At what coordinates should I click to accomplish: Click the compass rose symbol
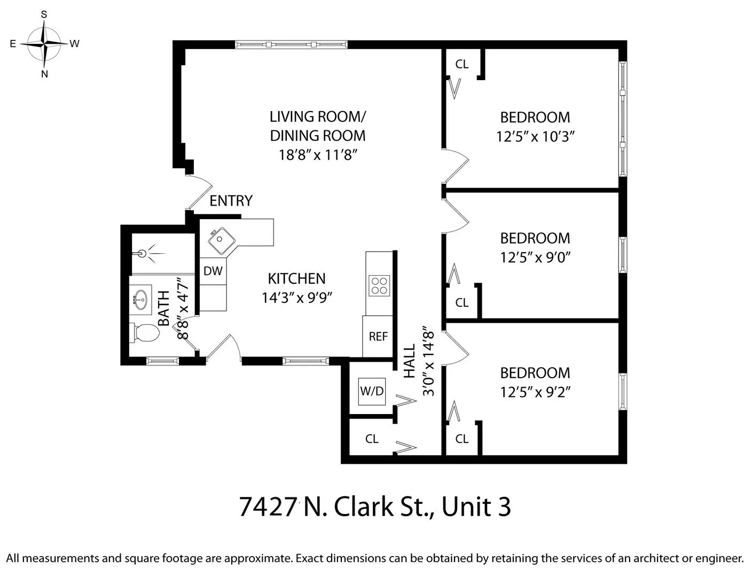(x=45, y=43)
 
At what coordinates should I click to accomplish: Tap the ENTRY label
(x=231, y=201)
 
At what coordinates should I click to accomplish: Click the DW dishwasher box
(x=213, y=271)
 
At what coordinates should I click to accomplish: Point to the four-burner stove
(x=379, y=285)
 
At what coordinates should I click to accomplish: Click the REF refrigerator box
(x=378, y=337)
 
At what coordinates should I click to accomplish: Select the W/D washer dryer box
(x=372, y=391)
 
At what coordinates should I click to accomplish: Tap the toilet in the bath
(x=144, y=333)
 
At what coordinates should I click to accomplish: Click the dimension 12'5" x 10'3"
(x=535, y=137)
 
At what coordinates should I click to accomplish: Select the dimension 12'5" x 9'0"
(x=535, y=258)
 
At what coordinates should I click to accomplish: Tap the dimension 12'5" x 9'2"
(x=535, y=392)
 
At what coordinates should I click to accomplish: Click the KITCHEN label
(x=296, y=278)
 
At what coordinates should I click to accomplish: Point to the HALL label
(x=409, y=361)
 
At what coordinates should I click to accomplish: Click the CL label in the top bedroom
(x=462, y=64)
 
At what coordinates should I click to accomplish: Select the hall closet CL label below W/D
(x=372, y=439)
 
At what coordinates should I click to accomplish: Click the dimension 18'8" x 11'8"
(x=317, y=155)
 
